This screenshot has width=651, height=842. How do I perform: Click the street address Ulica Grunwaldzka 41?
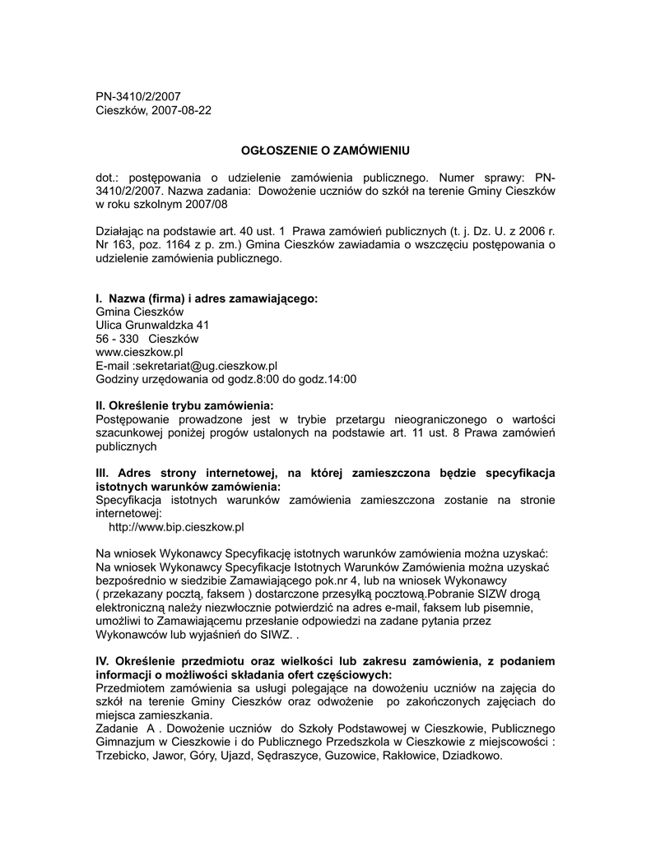click(153, 325)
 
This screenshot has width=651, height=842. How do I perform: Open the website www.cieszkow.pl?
click(139, 352)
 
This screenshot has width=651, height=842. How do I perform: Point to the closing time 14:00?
click(340, 379)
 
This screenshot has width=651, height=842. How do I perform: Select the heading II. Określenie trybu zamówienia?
click(184, 405)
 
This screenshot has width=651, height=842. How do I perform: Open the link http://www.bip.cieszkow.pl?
click(176, 526)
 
